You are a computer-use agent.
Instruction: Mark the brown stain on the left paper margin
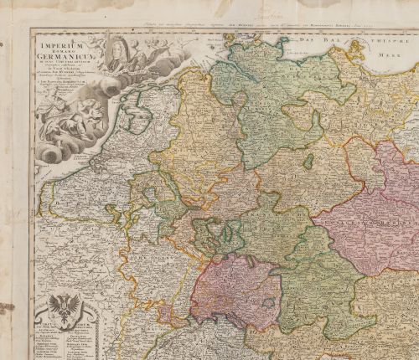pos(7,308)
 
